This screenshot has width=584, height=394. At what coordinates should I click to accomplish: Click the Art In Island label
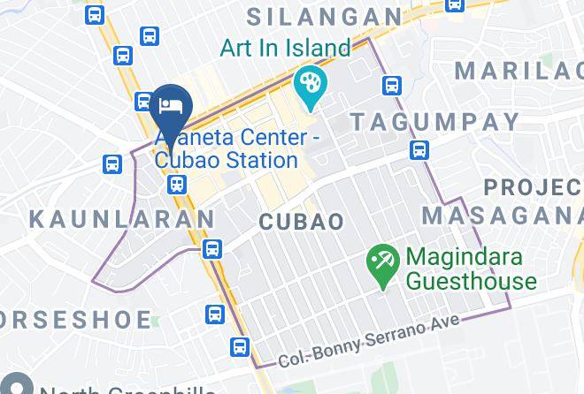(285, 46)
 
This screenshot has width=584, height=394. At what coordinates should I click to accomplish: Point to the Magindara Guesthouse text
(471, 269)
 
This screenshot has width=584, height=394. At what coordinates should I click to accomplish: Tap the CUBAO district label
(302, 221)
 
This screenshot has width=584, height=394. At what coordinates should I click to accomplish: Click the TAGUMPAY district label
(418, 120)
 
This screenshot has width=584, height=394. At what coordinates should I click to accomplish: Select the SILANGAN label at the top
(324, 15)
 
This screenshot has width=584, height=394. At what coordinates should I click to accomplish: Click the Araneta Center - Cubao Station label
(227, 149)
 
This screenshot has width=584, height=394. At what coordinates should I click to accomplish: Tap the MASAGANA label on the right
(501, 216)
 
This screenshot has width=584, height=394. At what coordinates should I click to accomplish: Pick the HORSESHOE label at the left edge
(53, 316)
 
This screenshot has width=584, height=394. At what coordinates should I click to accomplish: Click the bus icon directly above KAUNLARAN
(112, 164)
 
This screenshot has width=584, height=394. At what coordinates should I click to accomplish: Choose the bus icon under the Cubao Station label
(177, 185)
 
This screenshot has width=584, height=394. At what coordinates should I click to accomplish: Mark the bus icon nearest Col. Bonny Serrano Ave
(240, 347)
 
